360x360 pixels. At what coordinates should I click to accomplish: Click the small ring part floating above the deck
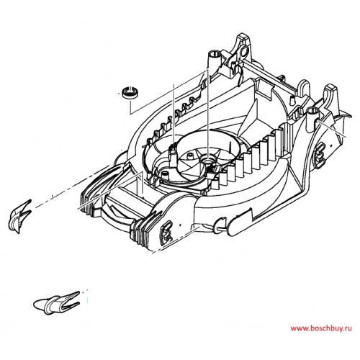pyautogui.click(x=130, y=93)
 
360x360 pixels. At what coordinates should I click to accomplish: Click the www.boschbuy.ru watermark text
pyautogui.click(x=321, y=328)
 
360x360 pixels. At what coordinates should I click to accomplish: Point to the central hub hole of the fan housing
pyautogui.click(x=207, y=159)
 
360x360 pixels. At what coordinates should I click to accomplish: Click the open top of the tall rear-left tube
pyautogui.click(x=215, y=53)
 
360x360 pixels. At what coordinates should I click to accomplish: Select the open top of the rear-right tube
pyautogui.click(x=313, y=110)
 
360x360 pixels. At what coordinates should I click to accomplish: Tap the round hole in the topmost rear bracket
pyautogui.click(x=244, y=51)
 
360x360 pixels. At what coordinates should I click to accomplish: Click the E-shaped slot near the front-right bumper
pyautogui.click(x=167, y=230)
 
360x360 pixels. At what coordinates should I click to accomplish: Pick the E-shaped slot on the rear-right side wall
pyautogui.click(x=319, y=155)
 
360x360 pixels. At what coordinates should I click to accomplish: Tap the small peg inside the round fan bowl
pyautogui.click(x=191, y=156)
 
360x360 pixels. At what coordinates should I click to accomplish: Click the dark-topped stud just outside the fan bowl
pyautogui.click(x=164, y=174)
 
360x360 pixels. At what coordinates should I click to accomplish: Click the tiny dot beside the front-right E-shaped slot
pyautogui.click(x=180, y=225)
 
